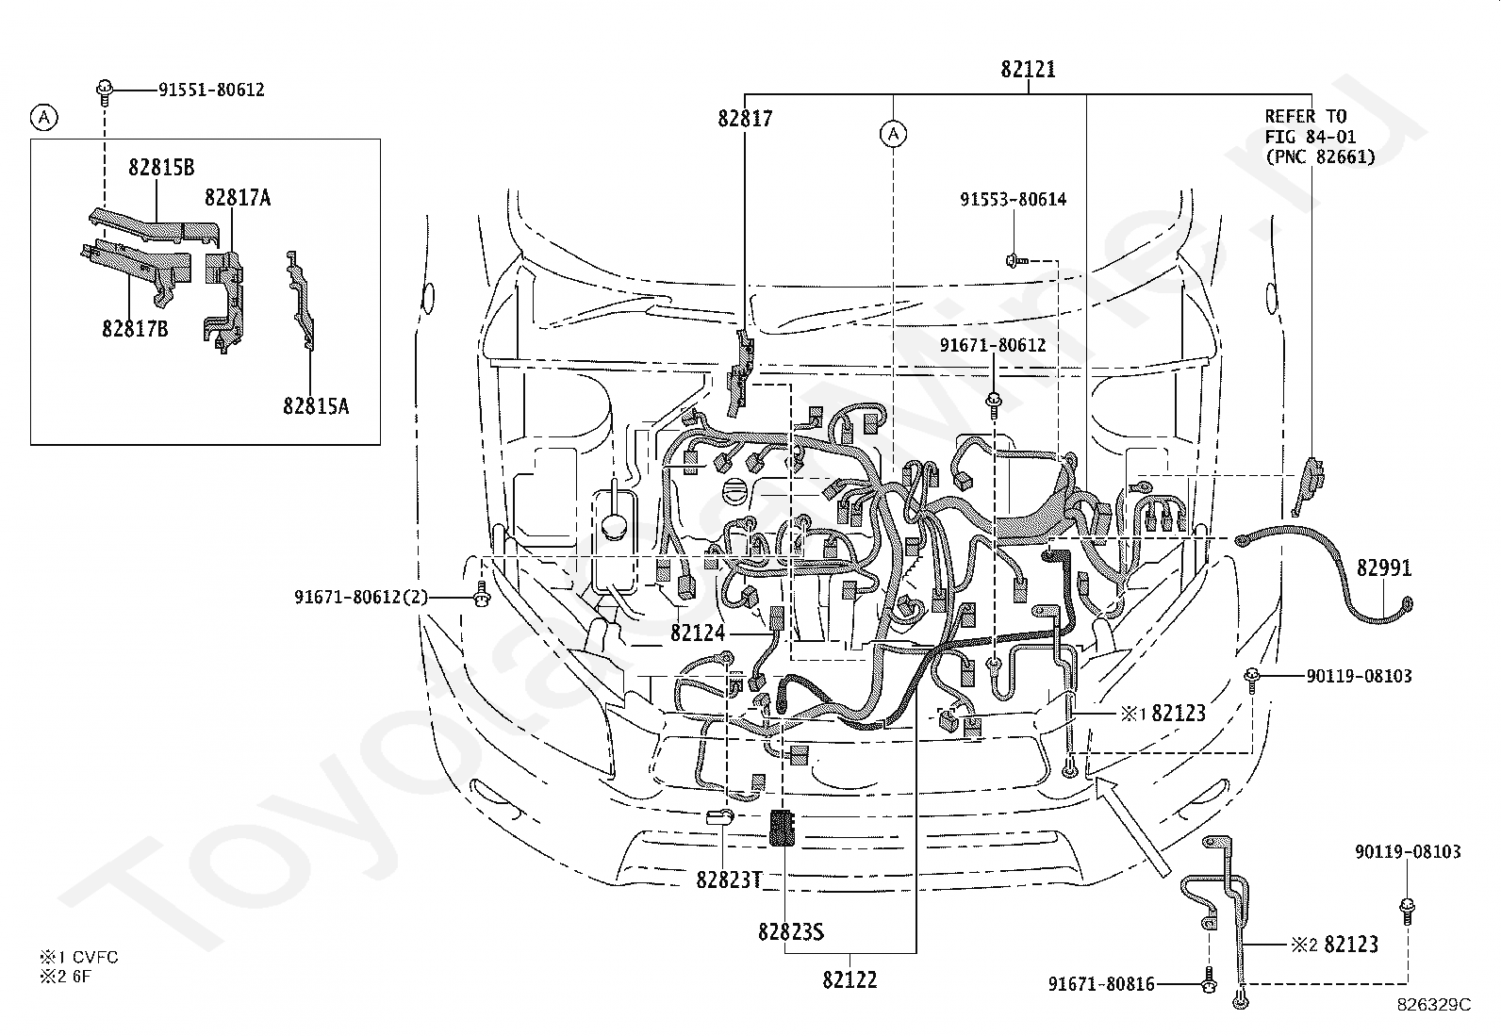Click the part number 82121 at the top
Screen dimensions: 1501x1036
[1028, 69]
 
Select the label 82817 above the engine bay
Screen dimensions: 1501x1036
[745, 119]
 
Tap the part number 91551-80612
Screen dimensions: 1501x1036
[212, 90]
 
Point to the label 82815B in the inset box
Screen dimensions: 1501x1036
[161, 168]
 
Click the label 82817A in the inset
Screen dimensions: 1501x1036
[238, 198]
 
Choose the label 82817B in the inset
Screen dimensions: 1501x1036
[136, 329]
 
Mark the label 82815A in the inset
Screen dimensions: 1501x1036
[316, 406]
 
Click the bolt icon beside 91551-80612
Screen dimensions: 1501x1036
[105, 92]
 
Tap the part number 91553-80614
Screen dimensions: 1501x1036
[1014, 200]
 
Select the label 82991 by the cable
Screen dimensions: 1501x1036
[1384, 568]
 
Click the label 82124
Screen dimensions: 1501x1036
[699, 633]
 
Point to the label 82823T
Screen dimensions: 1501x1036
[729, 880]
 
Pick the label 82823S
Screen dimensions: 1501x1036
[791, 932]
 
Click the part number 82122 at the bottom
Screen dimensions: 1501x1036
[849, 980]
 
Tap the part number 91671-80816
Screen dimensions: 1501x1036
[1101, 984]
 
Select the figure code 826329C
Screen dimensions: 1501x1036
[1434, 1005]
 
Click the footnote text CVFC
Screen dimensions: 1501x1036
[95, 957]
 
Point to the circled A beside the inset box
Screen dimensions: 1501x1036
[44, 118]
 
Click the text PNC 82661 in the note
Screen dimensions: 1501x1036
[1320, 157]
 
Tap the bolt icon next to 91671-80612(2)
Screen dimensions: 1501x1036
[481, 594]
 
